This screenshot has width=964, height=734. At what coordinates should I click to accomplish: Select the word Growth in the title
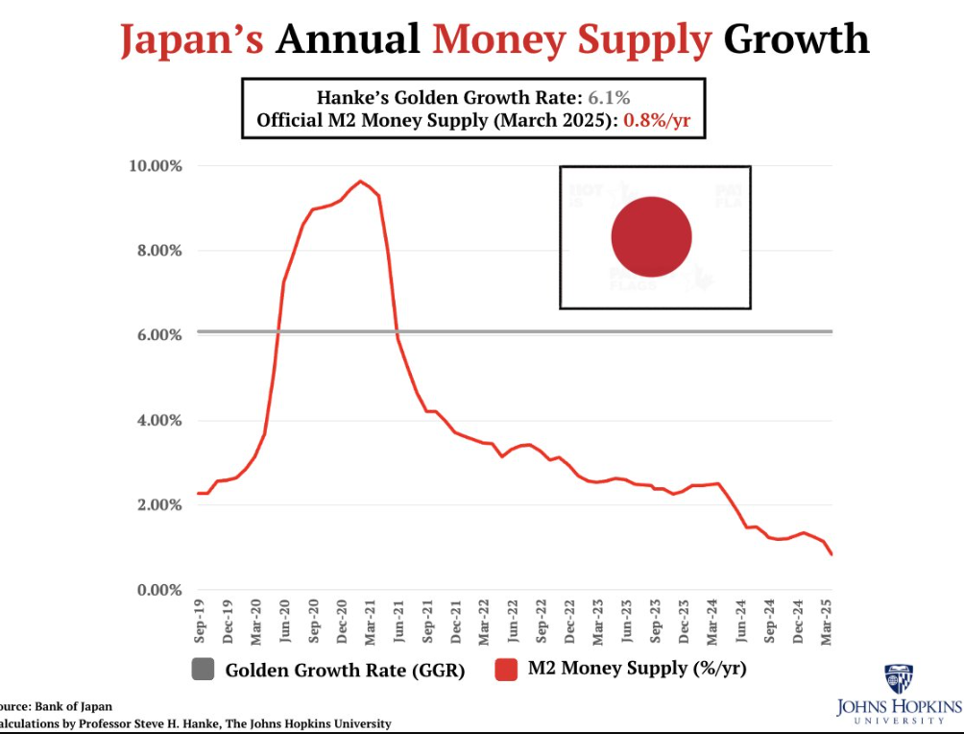point(797,39)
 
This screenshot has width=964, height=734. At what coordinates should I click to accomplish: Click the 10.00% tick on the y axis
point(155,166)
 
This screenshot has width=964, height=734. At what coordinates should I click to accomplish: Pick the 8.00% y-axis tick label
point(157,251)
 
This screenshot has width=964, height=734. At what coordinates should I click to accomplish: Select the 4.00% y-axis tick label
point(157,421)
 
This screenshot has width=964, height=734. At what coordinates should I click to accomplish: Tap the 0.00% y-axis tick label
point(157,590)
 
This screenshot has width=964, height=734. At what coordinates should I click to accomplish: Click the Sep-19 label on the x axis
point(200,619)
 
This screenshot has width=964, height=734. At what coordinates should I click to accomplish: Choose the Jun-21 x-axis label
point(399,619)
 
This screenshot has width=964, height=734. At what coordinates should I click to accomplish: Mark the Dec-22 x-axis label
point(570,619)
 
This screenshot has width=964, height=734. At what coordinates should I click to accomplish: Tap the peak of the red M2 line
point(360,182)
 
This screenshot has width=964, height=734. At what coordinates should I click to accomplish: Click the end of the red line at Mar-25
point(831,554)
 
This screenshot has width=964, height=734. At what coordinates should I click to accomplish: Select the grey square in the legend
point(204,670)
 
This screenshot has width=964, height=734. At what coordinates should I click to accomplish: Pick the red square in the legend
point(507,670)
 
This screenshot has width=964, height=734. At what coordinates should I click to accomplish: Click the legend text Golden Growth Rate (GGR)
point(345,671)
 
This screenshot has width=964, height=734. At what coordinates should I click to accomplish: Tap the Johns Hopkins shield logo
point(898,678)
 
